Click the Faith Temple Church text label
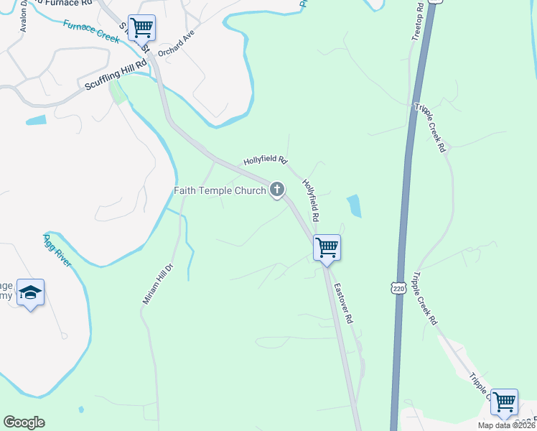220,190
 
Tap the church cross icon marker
277,190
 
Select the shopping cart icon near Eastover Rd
327,248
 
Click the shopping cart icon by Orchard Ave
141,28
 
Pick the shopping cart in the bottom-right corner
504,402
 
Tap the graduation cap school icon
31,292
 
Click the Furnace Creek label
90,31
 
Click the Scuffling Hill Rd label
116,74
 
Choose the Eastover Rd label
349,306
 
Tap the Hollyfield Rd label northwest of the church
265,160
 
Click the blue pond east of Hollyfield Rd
354,206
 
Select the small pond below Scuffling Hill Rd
35,120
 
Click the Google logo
24,422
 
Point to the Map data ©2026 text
507,425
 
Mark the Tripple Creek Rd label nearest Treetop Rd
430,129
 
